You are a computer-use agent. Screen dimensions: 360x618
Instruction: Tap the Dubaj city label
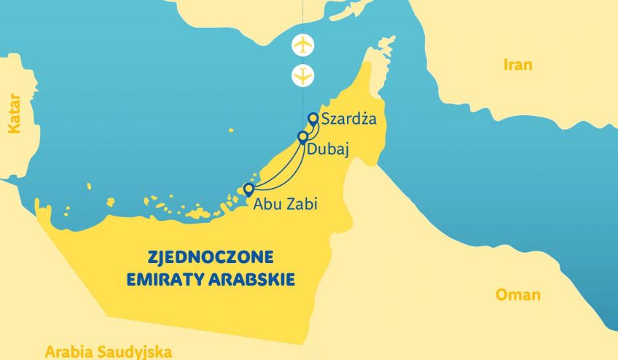click(328, 149)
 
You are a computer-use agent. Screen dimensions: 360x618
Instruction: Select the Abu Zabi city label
click(285, 204)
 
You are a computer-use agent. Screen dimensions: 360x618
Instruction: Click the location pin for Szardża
click(313, 118)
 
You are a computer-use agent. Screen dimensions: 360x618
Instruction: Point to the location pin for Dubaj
click(302, 137)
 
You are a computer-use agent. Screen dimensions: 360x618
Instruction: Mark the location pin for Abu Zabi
click(248, 190)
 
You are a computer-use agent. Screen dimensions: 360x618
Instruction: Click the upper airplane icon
click(302, 44)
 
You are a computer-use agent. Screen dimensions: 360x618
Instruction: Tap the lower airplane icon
click(302, 74)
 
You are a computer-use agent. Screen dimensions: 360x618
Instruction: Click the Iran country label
click(518, 65)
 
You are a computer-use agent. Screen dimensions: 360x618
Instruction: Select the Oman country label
click(518, 295)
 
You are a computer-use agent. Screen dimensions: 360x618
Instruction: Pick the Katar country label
click(12, 112)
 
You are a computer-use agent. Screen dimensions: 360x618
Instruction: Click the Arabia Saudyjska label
click(109, 352)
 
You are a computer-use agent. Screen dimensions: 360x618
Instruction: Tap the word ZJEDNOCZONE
click(210, 257)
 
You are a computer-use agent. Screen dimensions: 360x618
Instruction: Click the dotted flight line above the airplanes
click(302, 15)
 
